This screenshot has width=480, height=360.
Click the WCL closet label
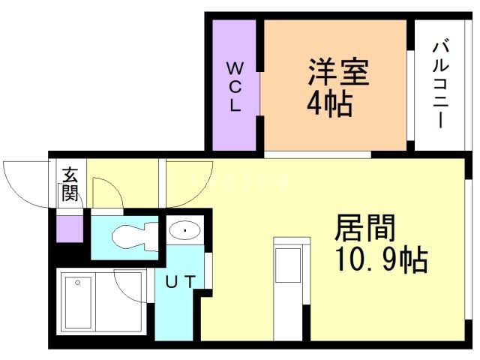coord(235,87)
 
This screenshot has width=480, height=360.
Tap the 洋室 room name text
coord(338,72)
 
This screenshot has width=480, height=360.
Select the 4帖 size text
coord(329,104)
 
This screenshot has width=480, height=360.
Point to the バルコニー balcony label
coord(440,85)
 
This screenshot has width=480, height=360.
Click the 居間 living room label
coord(365,228)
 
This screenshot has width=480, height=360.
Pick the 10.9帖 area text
coord(381,259)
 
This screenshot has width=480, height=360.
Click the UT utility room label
coord(180,282)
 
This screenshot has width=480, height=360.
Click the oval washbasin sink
coord(185,230)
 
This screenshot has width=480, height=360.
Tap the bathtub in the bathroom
coord(78,302)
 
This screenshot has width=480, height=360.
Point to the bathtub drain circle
coord(78,283)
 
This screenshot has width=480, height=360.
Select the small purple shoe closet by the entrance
coord(70,229)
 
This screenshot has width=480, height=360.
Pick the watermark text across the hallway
coord(239,181)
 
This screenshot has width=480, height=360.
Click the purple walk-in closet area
coord(235,85)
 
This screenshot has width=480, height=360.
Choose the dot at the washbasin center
coord(185,230)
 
